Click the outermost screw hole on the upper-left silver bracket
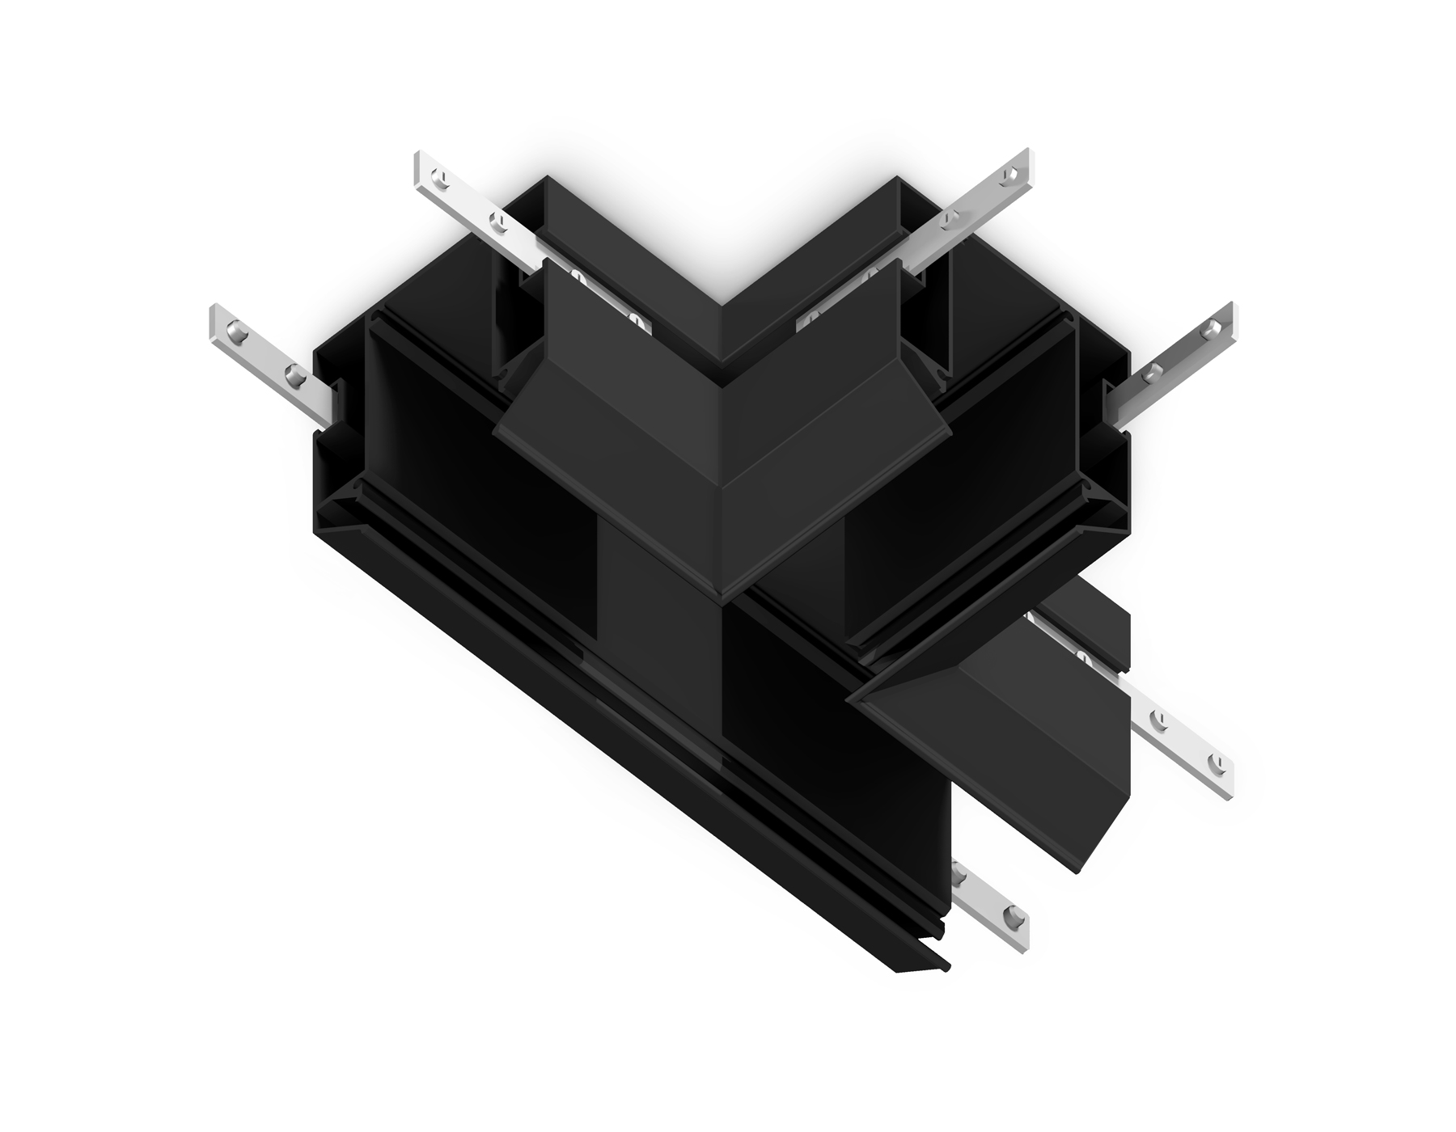pos(440,174)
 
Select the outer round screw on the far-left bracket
pos(237,330)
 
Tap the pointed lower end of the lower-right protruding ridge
pos(1078,871)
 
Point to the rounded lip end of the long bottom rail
pos(945,965)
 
